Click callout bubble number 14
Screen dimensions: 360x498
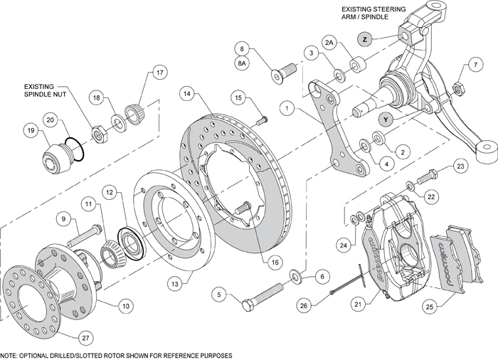point(187,92)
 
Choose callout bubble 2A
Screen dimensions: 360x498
point(329,43)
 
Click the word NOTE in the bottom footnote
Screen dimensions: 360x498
point(8,354)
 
